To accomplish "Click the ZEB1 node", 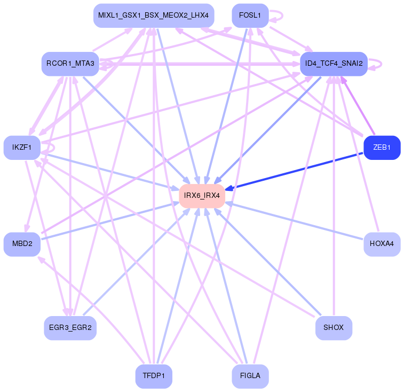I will point(382,148).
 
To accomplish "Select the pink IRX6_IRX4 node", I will point(202,195).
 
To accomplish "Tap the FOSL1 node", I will point(250,16).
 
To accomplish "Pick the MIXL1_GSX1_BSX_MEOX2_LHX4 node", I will point(154,16).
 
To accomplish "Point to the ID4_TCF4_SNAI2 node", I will point(334,64).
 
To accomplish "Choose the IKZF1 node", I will point(22,147).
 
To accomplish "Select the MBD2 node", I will point(22,244).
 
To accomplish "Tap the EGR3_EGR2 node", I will point(70,327).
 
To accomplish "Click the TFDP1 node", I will point(154,376).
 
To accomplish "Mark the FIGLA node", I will point(250,376).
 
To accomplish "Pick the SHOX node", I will point(334,327).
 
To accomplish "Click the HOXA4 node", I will point(382,244).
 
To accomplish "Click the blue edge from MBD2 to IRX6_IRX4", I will point(107,220).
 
